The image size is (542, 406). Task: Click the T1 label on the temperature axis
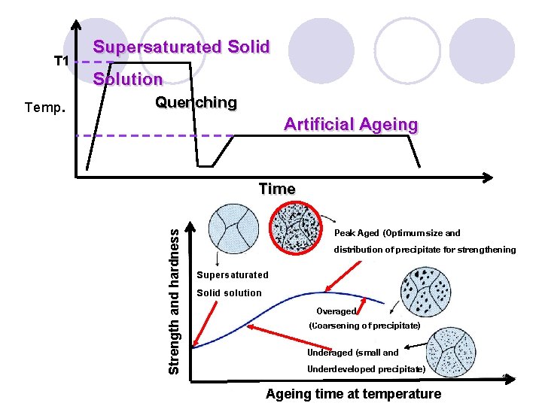pos(61,60)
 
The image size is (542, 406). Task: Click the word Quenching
pos(196,102)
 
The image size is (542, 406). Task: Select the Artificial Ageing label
pos(350,125)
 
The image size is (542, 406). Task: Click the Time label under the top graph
pos(276,189)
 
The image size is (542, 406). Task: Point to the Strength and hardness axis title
pos(174,302)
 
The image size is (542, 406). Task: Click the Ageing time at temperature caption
pos(354,394)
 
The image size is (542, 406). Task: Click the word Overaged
pos(336,311)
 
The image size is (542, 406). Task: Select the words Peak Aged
pos(357,233)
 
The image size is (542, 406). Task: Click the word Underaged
pos(330,353)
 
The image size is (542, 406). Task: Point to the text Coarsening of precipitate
pos(364,326)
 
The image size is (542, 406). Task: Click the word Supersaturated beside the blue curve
pos(232,275)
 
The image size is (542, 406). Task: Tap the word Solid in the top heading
pos(248,47)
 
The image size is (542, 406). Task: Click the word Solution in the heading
pos(127,79)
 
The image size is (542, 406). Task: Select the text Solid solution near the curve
pos(229,293)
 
